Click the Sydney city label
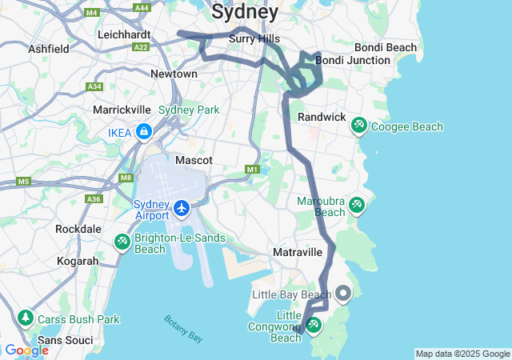point(245,12)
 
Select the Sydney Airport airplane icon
point(182,209)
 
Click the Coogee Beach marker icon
point(358,126)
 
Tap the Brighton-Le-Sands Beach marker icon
point(122,241)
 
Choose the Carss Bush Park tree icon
point(26,319)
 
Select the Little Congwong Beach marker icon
point(313,325)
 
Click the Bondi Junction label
point(351,60)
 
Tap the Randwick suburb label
point(321,117)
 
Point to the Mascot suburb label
point(194,160)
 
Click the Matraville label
point(297,252)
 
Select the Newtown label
point(174,74)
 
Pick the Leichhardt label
point(124,34)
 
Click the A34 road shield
point(94,86)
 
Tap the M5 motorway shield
point(23,182)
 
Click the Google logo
point(26,350)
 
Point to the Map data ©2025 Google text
point(462,354)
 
